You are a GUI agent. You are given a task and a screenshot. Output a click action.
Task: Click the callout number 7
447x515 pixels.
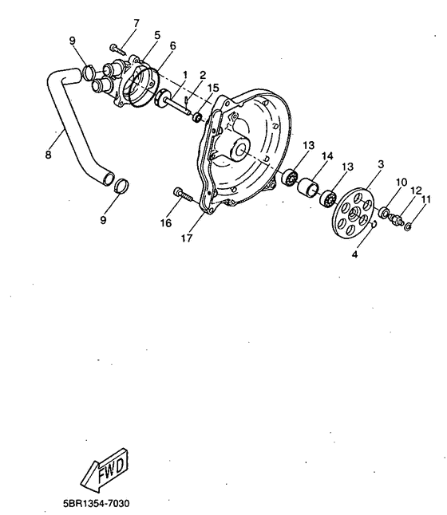point(135,23)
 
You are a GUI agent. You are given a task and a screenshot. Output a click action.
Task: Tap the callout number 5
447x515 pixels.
point(157,35)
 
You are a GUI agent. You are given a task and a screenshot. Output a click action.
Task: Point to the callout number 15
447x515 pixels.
point(212,87)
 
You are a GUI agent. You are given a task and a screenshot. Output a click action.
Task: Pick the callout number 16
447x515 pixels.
point(166,223)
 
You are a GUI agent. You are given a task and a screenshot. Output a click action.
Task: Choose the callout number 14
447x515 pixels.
point(327,156)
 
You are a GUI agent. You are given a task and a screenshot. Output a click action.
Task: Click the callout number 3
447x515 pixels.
point(381,163)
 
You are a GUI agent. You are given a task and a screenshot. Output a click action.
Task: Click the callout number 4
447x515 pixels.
point(355,255)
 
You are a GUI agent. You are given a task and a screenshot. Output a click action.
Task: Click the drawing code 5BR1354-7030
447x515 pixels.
point(96,503)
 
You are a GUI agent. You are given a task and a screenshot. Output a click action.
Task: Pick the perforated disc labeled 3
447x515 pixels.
point(354,213)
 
